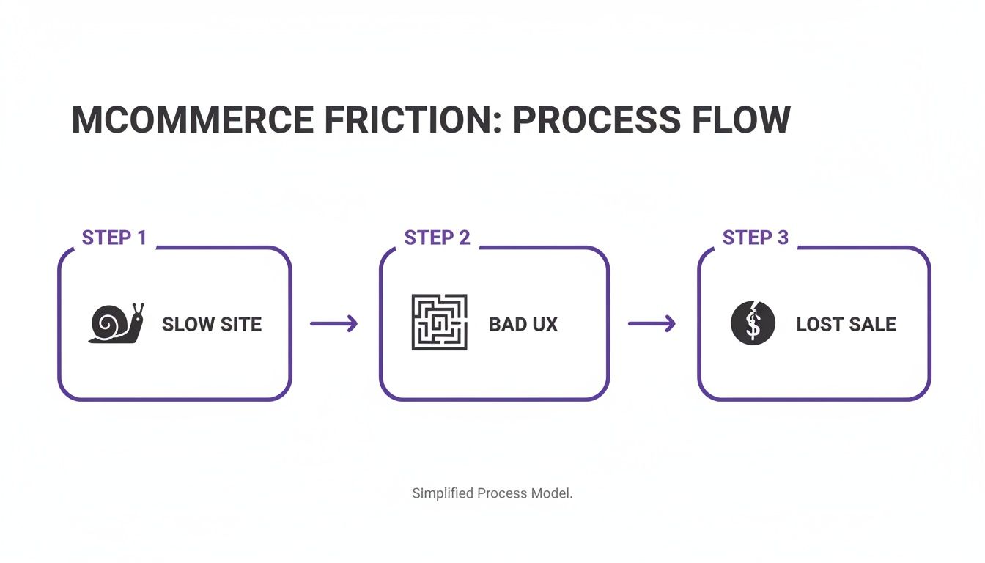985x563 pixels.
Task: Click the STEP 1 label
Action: [114, 238]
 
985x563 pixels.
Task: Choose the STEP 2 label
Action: [437, 238]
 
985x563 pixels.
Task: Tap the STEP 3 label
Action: [756, 238]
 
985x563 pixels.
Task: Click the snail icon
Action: [116, 323]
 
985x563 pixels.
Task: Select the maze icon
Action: [439, 323]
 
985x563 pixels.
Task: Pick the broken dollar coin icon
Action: [753, 323]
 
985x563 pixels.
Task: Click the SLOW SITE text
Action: [212, 325]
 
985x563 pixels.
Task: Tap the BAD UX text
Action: [523, 325]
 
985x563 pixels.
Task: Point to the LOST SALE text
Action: [846, 325]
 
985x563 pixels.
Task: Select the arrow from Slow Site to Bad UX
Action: [333, 323]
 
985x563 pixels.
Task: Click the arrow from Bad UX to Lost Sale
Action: [652, 323]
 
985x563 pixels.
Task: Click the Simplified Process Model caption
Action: [492, 493]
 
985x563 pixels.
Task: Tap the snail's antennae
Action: [137, 309]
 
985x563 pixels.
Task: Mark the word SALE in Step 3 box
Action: [872, 325]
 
